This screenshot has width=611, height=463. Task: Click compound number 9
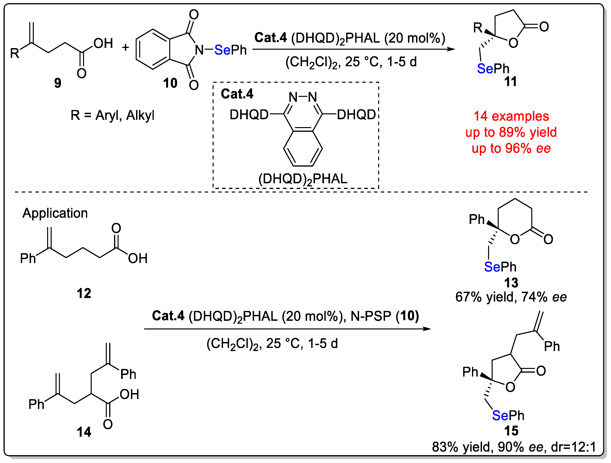click(58, 83)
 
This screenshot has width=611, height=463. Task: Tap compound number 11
click(510, 82)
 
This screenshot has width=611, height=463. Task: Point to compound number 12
click(84, 293)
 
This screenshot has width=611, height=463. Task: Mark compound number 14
click(84, 432)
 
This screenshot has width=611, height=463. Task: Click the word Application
click(55, 213)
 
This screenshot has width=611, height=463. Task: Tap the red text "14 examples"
click(511, 116)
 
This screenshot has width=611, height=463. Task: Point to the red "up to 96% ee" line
click(511, 149)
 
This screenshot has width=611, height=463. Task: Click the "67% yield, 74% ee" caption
click(511, 297)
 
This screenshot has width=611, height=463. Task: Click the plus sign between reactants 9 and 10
click(126, 47)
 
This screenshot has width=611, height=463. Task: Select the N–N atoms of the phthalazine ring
click(303, 97)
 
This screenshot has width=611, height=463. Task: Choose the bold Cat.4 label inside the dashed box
click(237, 94)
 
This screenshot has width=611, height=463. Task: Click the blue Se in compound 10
click(222, 50)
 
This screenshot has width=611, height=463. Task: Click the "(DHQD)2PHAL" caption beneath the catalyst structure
click(303, 179)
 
